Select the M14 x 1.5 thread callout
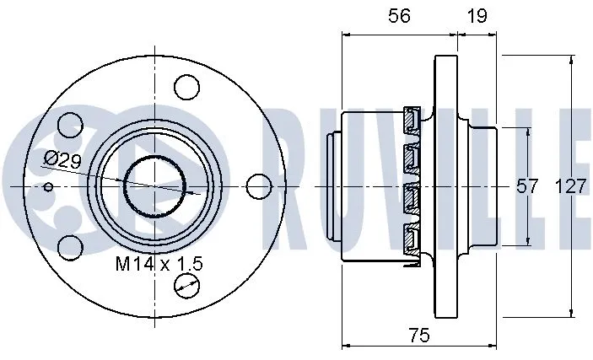point(159,263)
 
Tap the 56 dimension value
point(399,17)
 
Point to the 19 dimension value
point(478,17)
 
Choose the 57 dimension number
point(527,187)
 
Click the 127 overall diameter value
point(571,187)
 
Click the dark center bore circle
point(155,185)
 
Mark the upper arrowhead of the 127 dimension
point(571,59)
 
